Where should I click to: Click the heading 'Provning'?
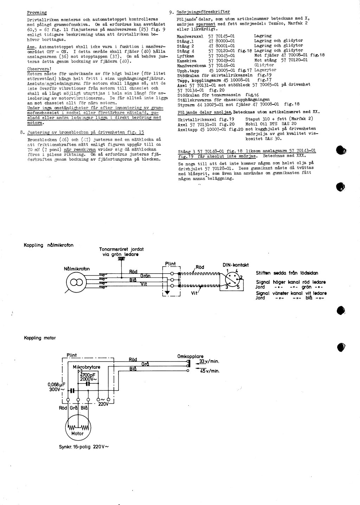point(37,13)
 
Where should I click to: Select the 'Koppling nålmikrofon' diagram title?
point(49,245)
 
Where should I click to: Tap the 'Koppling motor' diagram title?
point(40,338)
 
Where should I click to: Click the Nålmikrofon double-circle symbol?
point(77,282)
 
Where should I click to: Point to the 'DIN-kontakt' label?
point(236,265)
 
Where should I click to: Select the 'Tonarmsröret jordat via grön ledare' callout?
point(121,251)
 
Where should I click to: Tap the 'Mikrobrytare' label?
point(86,367)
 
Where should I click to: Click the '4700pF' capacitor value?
point(89,374)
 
